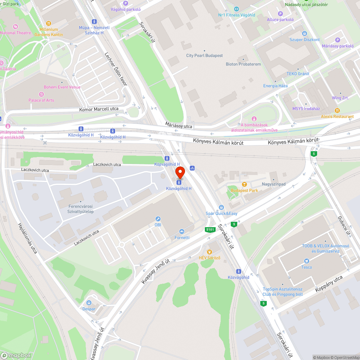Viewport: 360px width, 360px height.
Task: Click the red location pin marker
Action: pos(179,173)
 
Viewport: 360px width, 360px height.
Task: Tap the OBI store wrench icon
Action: pos(158,219)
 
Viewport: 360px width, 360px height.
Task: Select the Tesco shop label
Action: pos(306,267)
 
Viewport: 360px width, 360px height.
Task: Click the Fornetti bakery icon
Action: pos(182,231)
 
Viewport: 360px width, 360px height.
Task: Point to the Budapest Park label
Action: pos(244,190)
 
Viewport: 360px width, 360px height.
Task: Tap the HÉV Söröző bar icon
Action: pos(210,252)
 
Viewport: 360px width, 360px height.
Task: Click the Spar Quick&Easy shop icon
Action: pos(221,207)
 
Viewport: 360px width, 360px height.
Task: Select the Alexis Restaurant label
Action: pos(337,117)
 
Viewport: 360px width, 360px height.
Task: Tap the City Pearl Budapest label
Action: pos(204,55)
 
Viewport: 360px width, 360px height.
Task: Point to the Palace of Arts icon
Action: pos(41,94)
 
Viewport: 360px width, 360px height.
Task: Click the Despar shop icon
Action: pos(89,303)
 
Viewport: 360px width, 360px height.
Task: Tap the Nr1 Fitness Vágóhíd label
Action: pos(237,15)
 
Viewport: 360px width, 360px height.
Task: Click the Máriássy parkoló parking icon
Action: pos(338,40)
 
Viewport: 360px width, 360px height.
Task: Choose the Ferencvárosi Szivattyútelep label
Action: pos(76,209)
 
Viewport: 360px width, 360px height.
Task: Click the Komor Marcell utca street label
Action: pos(99,109)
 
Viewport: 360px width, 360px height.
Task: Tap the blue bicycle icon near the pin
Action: pos(193,168)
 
